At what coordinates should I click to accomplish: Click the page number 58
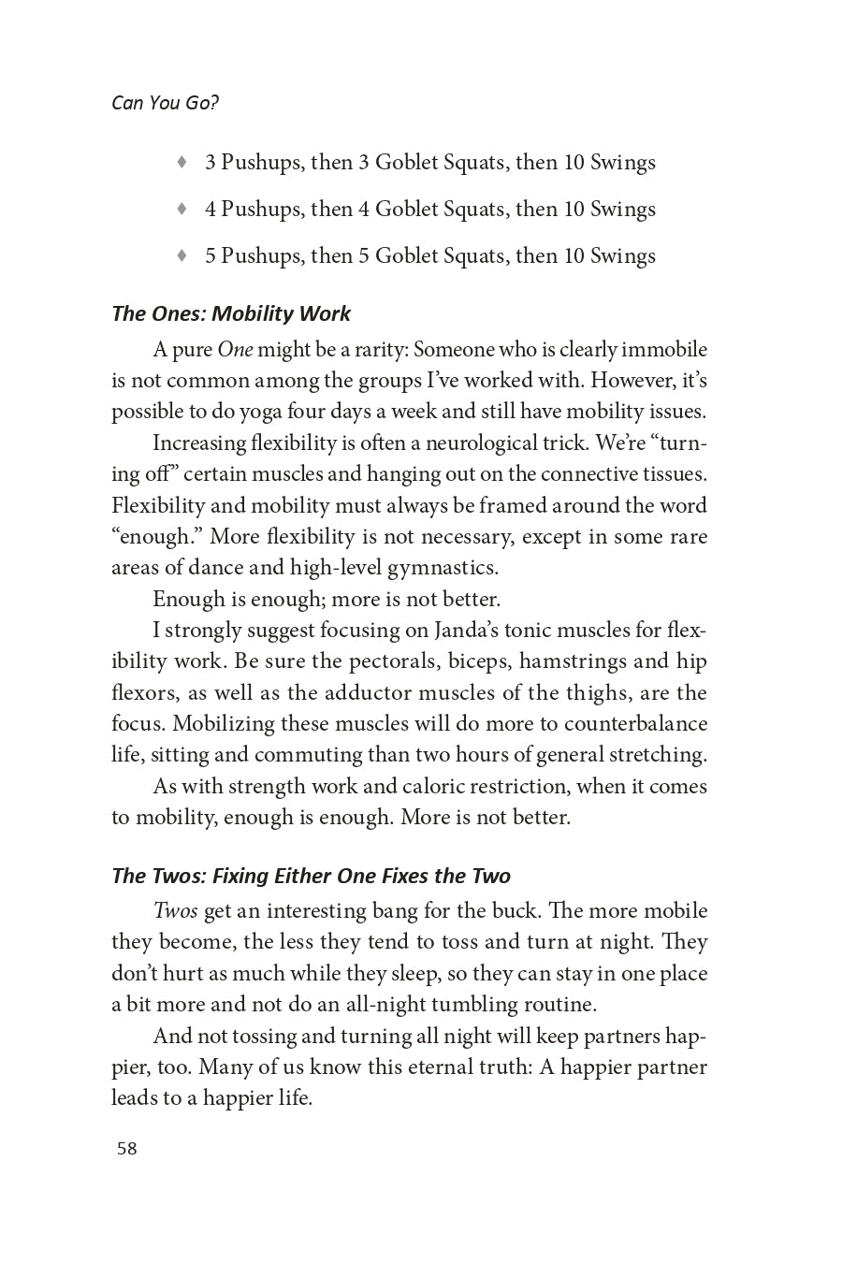[127, 1149]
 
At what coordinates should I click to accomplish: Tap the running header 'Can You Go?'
[165, 103]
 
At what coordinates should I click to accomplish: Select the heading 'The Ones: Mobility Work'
[231, 313]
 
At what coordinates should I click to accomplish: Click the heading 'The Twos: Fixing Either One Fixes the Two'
[311, 876]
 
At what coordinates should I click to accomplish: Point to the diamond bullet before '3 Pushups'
[182, 162]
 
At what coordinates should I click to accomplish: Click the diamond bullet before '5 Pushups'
[182, 255]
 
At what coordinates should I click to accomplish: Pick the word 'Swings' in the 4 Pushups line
[623, 209]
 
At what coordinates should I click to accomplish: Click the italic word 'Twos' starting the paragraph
[175, 911]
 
